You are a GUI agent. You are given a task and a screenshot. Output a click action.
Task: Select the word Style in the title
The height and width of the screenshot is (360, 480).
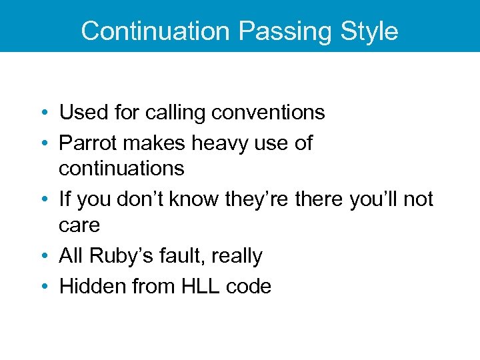click(x=369, y=31)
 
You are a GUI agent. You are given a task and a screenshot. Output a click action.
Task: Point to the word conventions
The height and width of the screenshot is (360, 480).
click(x=268, y=113)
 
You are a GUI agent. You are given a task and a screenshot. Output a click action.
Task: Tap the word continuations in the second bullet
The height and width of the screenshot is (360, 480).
click(x=121, y=168)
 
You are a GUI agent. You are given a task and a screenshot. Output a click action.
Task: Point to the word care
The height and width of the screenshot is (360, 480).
click(x=79, y=225)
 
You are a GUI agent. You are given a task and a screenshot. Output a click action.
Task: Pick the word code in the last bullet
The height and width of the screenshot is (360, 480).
click(x=249, y=286)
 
